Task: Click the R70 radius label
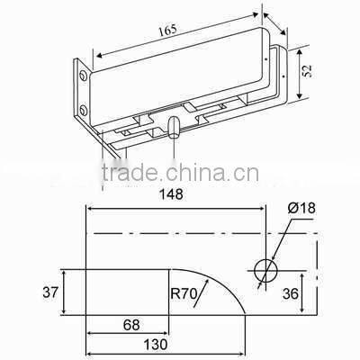[185, 291]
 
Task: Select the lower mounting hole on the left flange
[84, 111]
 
